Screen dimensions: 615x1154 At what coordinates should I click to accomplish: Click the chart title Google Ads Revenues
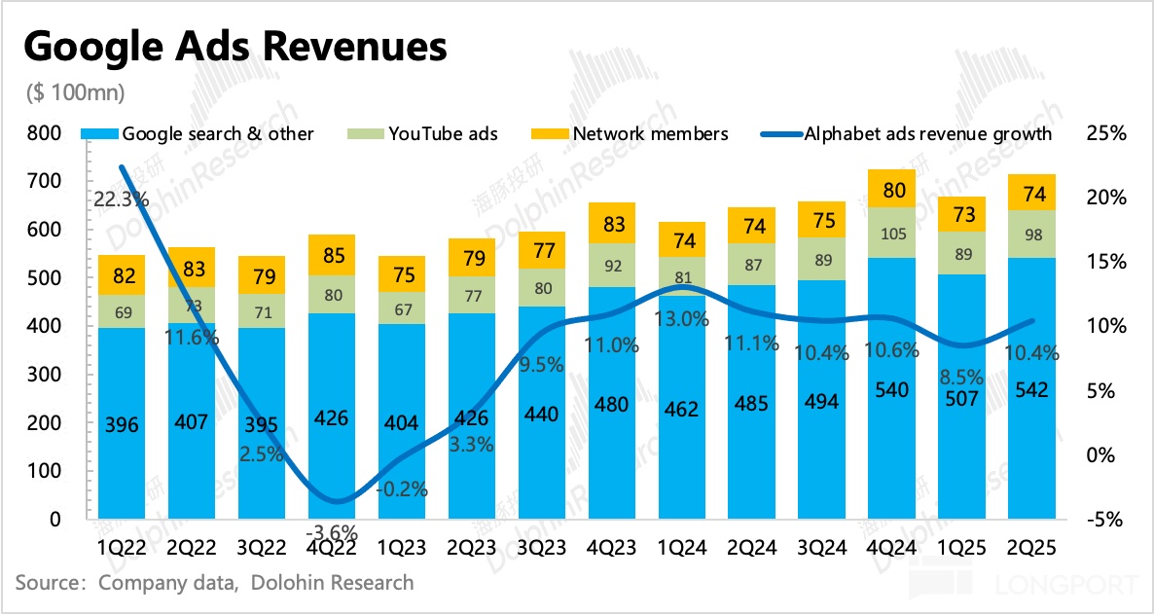[x=234, y=46]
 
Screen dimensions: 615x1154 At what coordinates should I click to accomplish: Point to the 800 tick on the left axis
[x=45, y=133]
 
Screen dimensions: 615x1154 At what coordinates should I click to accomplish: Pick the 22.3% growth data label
[x=122, y=199]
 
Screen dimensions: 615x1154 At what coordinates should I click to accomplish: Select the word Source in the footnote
[x=48, y=583]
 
